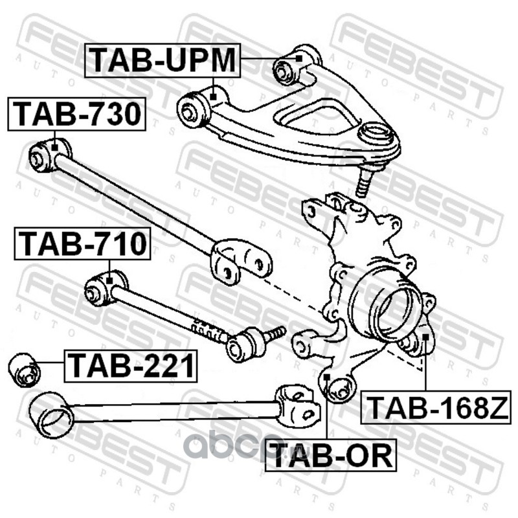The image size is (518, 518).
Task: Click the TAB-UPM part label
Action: point(163,60)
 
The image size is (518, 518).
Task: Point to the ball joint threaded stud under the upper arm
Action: point(363,182)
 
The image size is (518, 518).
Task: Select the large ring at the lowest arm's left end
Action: point(51,414)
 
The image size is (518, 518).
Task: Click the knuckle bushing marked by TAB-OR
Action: point(338,388)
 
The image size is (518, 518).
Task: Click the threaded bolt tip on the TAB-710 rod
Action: point(276,333)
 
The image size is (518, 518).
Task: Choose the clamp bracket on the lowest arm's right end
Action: point(298,404)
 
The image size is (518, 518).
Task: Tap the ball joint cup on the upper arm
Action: point(377,135)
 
